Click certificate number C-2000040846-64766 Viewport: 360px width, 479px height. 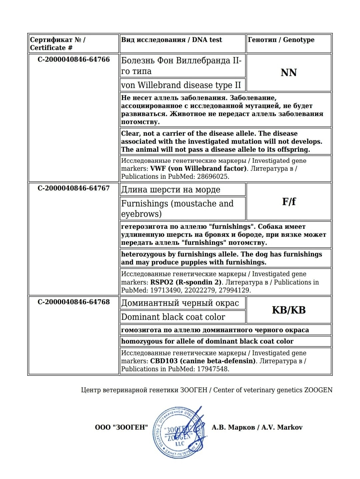pyautogui.click(x=74, y=59)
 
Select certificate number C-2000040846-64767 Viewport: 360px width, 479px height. pyautogui.click(x=74, y=188)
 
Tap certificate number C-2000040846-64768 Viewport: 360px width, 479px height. pyautogui.click(x=74, y=302)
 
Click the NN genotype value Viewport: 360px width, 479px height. pyautogui.click(x=289, y=72)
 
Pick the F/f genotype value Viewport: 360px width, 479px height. pyautogui.click(x=289, y=201)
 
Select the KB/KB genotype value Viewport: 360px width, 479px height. pyautogui.click(x=289, y=310)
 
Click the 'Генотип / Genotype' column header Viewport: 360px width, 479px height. pyautogui.click(x=281, y=40)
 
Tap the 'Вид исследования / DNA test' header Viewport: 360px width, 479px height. pyautogui.click(x=171, y=40)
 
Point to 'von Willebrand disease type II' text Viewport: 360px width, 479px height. pyautogui.click(x=181, y=85)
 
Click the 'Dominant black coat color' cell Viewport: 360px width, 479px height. pyautogui.click(x=173, y=317)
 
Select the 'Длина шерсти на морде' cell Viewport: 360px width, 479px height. pyautogui.click(x=171, y=189)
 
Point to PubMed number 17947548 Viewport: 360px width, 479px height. pyautogui.click(x=212, y=369)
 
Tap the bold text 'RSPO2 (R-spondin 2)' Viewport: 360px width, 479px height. pyautogui.click(x=186, y=282)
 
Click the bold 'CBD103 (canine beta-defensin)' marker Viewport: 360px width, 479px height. pyautogui.click(x=203, y=361)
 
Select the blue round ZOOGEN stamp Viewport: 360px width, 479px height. pyautogui.click(x=178, y=432)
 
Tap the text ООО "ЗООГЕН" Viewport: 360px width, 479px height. pyautogui.click(x=121, y=427)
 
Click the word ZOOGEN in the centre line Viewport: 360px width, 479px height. pyautogui.click(x=318, y=390)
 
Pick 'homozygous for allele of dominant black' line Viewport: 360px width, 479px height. pyautogui.click(x=207, y=341)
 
